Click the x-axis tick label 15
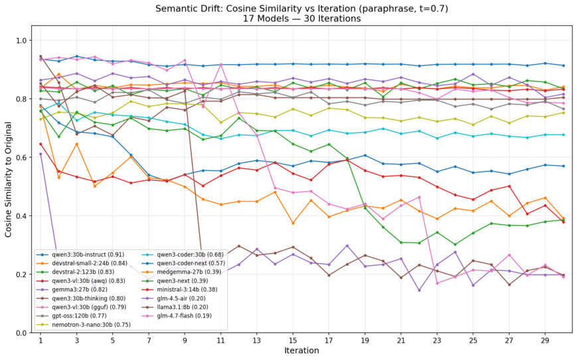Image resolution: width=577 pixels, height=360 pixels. tap(292, 341)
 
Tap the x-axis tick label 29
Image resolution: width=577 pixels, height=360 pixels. tap(544, 341)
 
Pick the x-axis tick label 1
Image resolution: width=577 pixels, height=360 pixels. tap(41, 341)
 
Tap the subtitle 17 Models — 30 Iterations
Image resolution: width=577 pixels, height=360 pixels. tap(301, 19)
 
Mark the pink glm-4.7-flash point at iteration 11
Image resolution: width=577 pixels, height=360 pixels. tap(220, 64)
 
